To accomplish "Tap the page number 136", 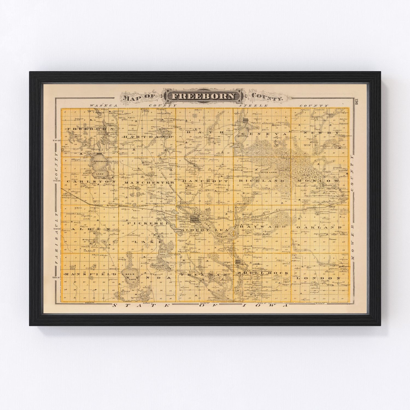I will tap(356, 102).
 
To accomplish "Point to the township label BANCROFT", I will tap(204, 181).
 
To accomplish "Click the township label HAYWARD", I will tap(263, 227).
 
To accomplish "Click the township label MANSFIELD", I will tap(90, 274).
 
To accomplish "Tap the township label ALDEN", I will tap(87, 229).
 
